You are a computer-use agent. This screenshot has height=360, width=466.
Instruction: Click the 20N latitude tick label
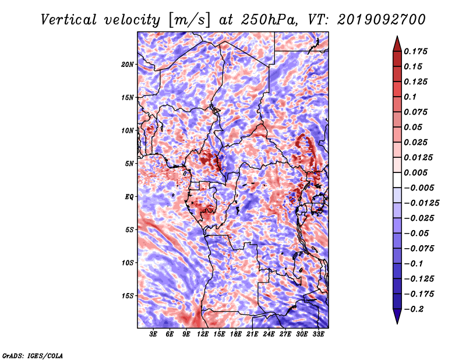pos(128,65)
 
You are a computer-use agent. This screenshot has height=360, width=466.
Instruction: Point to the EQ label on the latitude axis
pos(129,197)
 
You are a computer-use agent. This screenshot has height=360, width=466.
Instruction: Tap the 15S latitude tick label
pos(128,296)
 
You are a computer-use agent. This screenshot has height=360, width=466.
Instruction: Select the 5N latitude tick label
pos(129,164)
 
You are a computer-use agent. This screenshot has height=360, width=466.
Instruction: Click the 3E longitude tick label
pos(153,334)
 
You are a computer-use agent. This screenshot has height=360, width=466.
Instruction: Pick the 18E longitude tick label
pos(236,334)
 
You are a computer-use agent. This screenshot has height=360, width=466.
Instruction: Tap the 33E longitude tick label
pos(318,334)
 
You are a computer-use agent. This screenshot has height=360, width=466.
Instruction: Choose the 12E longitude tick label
pos(203,334)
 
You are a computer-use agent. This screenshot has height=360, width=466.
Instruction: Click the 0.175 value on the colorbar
pos(415,51)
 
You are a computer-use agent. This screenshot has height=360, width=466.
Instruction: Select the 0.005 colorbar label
pos(415,172)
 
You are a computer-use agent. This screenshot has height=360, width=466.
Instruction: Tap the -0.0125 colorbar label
pos(421,203)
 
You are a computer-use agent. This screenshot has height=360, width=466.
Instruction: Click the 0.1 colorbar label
pos(410,97)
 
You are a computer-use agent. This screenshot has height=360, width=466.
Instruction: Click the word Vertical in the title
pos(69,20)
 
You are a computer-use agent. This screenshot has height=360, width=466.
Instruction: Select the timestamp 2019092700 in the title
pos(382,20)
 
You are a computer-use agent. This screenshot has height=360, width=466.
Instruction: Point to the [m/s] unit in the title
pos(189,20)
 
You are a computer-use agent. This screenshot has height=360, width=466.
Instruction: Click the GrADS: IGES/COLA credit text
pos(33,356)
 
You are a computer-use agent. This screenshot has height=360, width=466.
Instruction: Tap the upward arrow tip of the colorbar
pos(397,36)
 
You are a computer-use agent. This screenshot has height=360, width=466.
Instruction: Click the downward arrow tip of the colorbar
pos(397,323)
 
